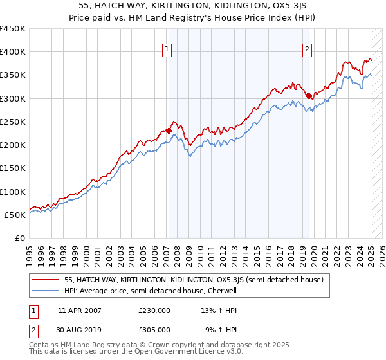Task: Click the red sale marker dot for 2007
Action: click(x=169, y=130)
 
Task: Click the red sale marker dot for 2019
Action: click(x=309, y=96)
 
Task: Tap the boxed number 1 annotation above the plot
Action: click(x=167, y=48)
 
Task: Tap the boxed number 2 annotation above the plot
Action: click(x=308, y=48)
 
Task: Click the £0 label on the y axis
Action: click(x=21, y=238)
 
